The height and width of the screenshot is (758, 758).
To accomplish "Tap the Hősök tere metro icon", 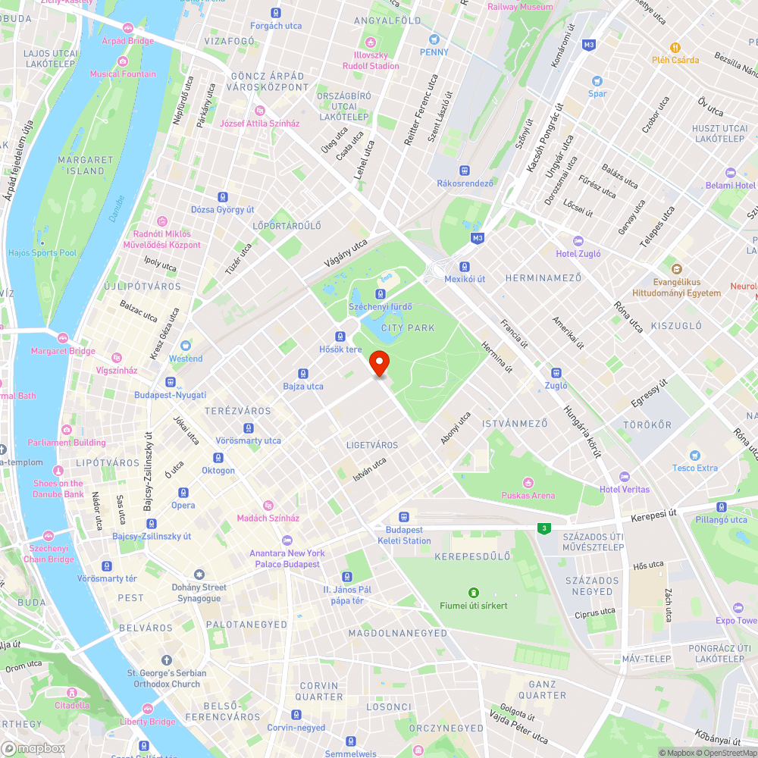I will [340, 336].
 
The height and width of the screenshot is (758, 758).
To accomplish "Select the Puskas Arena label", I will [528, 495].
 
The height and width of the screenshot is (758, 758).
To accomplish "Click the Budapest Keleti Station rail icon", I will [404, 516].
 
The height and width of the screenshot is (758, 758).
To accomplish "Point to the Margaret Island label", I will [86, 165].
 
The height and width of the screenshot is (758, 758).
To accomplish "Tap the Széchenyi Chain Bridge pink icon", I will [49, 536].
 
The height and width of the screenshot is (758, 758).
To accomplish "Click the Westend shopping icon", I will [186, 345].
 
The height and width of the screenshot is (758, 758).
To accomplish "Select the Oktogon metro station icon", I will [218, 458].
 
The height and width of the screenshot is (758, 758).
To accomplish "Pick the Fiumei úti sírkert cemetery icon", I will [474, 592].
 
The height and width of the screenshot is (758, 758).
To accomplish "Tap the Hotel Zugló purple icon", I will [578, 240].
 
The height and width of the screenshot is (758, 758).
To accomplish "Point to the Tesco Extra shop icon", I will [694, 455].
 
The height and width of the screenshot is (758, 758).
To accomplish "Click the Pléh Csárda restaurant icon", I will [676, 46].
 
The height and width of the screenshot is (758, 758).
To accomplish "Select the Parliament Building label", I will [67, 442].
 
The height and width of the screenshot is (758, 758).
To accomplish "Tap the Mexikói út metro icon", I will [465, 266].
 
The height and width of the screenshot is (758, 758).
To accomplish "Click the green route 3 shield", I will [543, 528].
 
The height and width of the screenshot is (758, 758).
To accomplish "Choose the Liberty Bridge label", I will [148, 722].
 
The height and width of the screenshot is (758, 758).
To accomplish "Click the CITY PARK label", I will [409, 328].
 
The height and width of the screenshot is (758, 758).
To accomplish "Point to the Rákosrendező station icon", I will [465, 171].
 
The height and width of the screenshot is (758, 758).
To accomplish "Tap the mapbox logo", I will [33, 747].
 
